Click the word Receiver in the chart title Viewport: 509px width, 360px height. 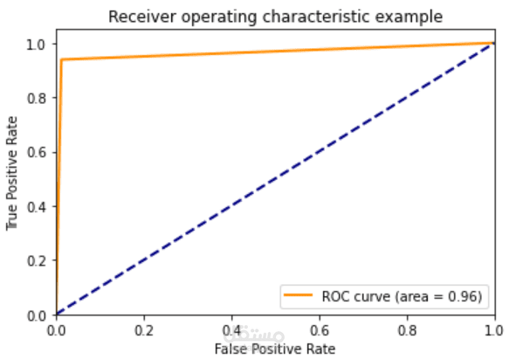(x=143, y=17)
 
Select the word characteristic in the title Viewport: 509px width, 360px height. (x=317, y=17)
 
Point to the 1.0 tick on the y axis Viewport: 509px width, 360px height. (x=36, y=45)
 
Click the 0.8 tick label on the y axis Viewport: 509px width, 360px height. (x=36, y=98)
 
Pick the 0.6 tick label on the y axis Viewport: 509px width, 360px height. (x=36, y=152)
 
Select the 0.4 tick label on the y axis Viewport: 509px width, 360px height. (x=36, y=206)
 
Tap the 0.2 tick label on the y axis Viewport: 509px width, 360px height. (x=36, y=260)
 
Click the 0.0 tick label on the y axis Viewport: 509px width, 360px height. (x=36, y=315)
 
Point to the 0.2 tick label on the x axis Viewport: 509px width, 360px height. (x=144, y=331)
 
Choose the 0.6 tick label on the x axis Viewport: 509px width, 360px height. (x=320, y=331)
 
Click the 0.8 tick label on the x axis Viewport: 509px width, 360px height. (x=408, y=331)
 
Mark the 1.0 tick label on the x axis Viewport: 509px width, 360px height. (x=495, y=331)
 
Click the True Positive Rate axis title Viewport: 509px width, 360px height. (x=12, y=174)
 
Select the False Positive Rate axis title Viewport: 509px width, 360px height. (x=275, y=350)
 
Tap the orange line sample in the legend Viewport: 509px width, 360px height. (x=298, y=295)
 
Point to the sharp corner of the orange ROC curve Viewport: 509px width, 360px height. (x=61, y=59)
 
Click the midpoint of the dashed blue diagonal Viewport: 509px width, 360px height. (x=276, y=179)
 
